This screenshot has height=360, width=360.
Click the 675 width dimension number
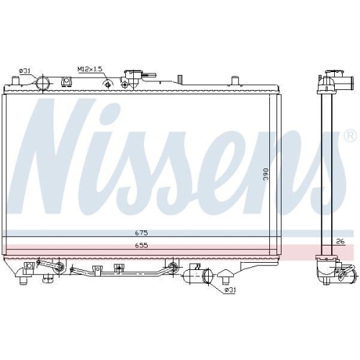[x=142, y=233]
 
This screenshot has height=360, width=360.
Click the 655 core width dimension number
[x=142, y=245]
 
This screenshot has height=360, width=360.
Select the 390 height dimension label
[x=265, y=174]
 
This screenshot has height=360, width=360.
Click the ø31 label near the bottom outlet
[x=228, y=290]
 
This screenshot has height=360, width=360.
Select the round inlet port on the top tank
[x=43, y=83]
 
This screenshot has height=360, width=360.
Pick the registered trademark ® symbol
[x=349, y=135]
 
